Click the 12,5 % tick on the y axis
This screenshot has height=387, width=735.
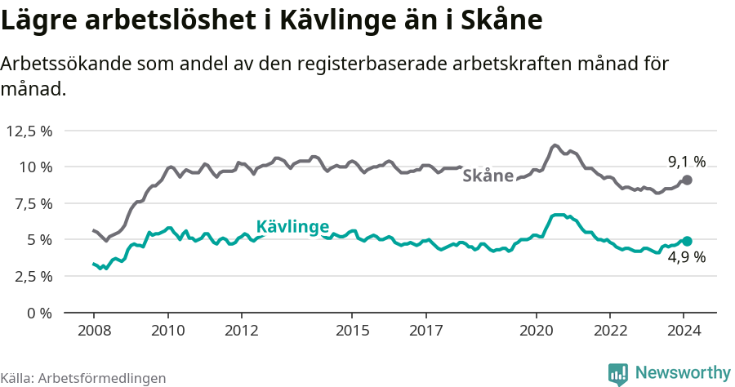29,131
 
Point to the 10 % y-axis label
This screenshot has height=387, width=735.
35,167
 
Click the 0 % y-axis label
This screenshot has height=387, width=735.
39,313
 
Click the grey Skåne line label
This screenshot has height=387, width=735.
488,176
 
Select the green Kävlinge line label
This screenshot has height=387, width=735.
292,226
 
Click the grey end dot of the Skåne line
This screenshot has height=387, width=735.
687,180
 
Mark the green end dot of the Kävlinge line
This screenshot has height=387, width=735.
687,241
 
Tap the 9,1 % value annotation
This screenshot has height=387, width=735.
686,162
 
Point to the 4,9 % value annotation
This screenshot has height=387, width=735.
686,257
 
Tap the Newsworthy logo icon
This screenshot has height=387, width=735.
618,373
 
